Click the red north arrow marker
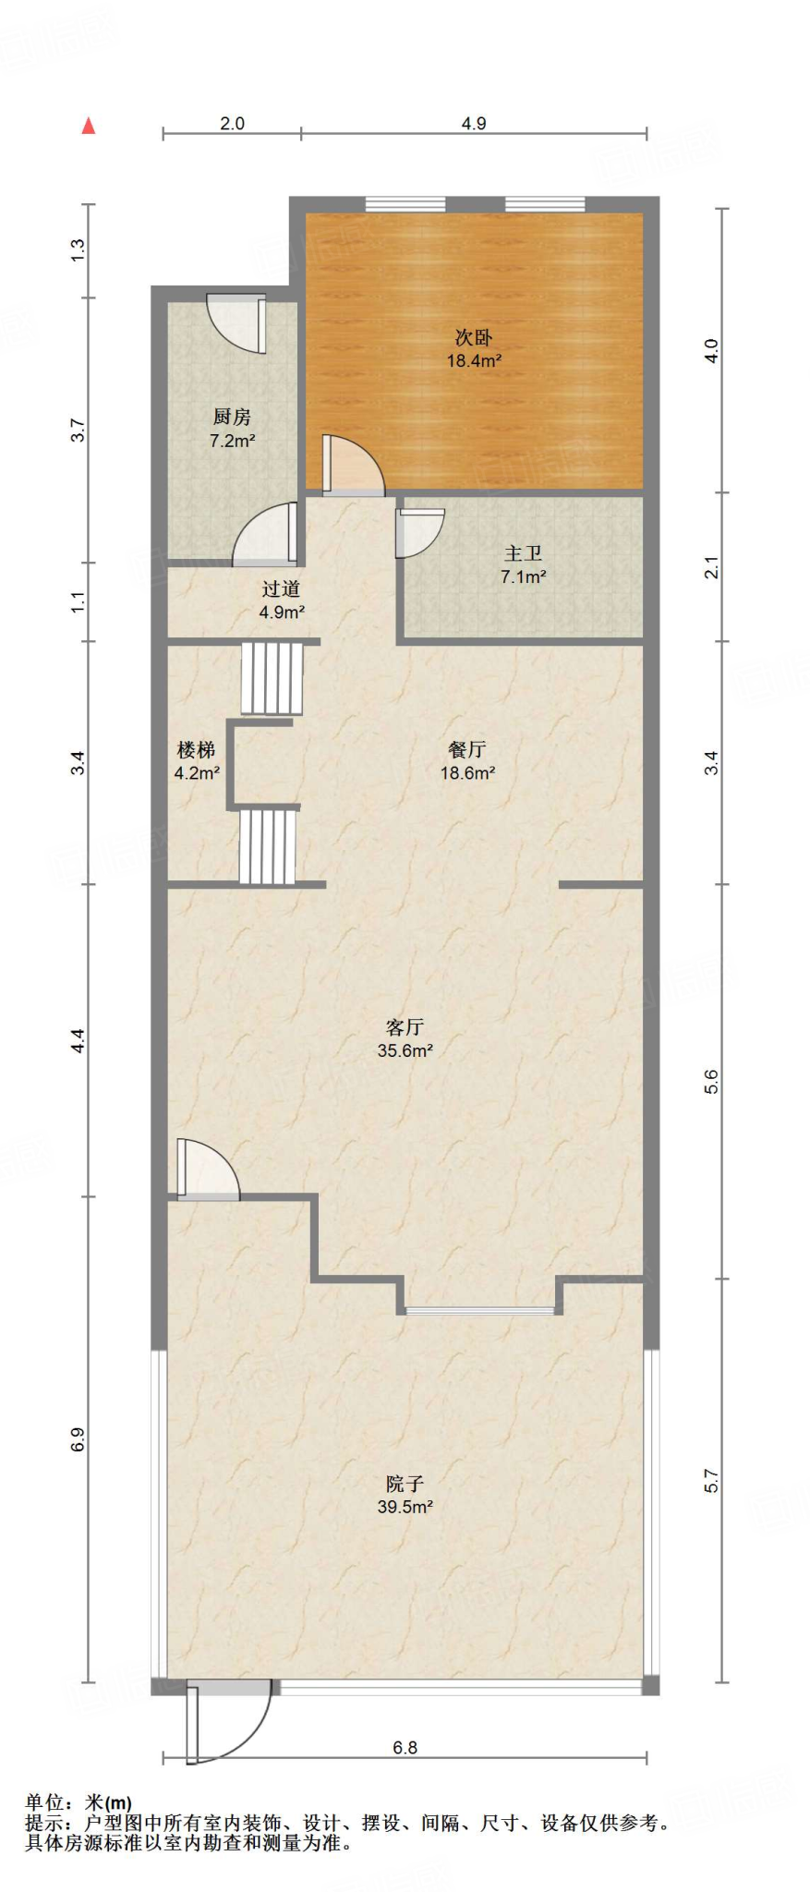pyautogui.click(x=89, y=126)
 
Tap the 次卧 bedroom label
pyautogui.click(x=473, y=338)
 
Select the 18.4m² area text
pyautogui.click(x=474, y=361)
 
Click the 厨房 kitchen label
pyautogui.click(x=232, y=418)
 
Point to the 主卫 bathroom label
pyautogui.click(x=523, y=553)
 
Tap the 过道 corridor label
pyautogui.click(x=281, y=588)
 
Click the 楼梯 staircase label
pyautogui.click(x=196, y=750)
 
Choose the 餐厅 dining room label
pyautogui.click(x=466, y=750)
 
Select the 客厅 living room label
pyautogui.click(x=405, y=1027)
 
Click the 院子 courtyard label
pyautogui.click(x=405, y=1484)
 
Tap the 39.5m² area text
pyautogui.click(x=405, y=1507)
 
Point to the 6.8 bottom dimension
pyautogui.click(x=405, y=1747)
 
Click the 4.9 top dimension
pyautogui.click(x=474, y=123)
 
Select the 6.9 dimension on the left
pyautogui.click(x=78, y=1439)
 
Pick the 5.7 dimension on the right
pyautogui.click(x=711, y=1481)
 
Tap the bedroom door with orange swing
pyautogui.click(x=352, y=465)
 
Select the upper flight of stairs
pyautogui.click(x=272, y=678)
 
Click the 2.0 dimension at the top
pyautogui.click(x=232, y=123)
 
